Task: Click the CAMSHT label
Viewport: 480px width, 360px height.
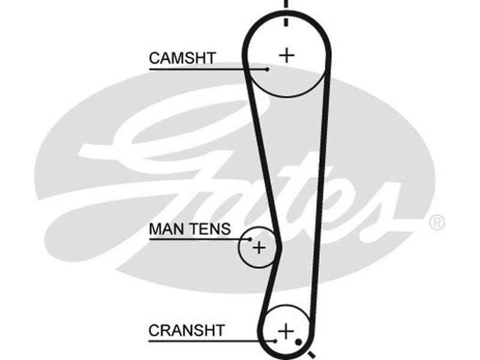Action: [182, 58]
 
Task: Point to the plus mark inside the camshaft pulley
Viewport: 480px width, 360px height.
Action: [287, 55]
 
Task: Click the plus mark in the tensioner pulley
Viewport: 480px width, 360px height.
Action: [258, 247]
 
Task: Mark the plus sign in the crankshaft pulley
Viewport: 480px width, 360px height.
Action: [286, 329]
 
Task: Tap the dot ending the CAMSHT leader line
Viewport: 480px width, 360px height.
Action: [268, 69]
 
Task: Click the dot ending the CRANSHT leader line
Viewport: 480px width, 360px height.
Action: [275, 341]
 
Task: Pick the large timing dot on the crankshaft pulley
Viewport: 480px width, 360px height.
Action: [298, 342]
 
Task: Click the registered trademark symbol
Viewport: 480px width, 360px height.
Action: [437, 223]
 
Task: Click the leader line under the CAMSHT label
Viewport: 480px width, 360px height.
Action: [204, 69]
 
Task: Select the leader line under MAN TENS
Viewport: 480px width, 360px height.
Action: [192, 239]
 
